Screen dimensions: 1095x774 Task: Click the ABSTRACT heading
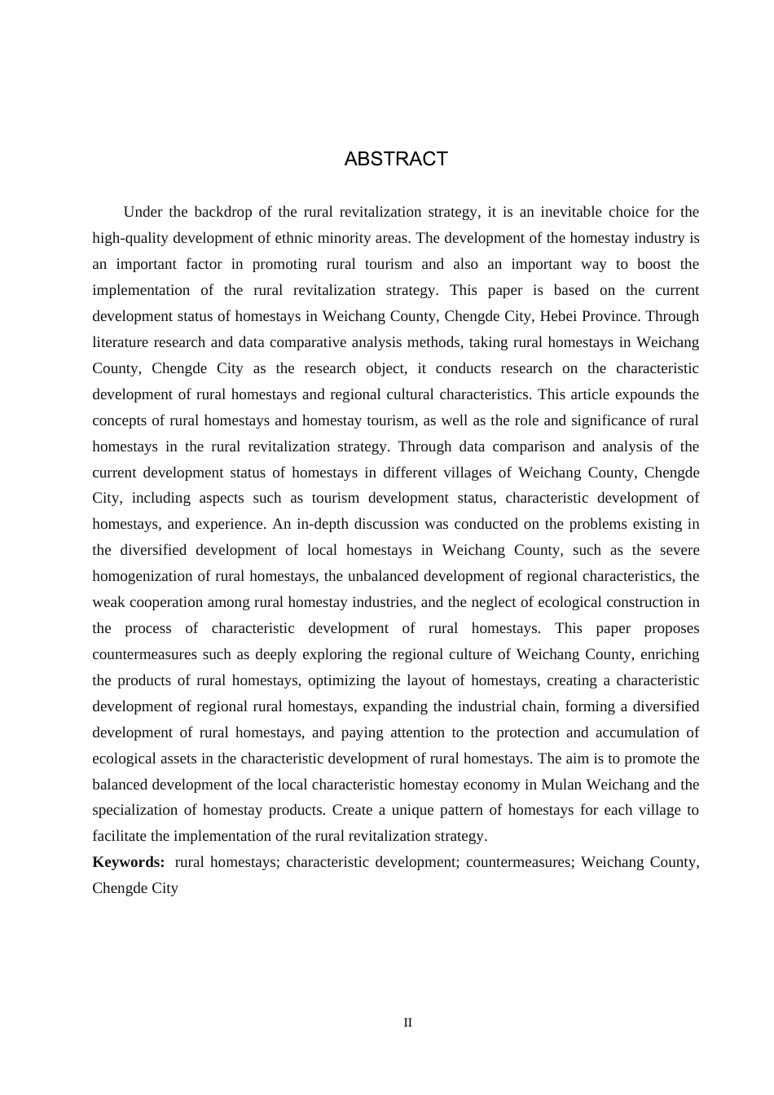pyautogui.click(x=396, y=159)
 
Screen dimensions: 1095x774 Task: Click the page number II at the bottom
pyautogui.click(x=408, y=1022)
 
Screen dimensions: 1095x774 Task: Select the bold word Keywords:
pyautogui.click(x=129, y=862)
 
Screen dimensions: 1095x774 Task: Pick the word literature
pyautogui.click(x=120, y=342)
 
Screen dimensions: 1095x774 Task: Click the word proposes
pyautogui.click(x=671, y=628)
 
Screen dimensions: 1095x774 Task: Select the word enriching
pyautogui.click(x=670, y=654)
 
